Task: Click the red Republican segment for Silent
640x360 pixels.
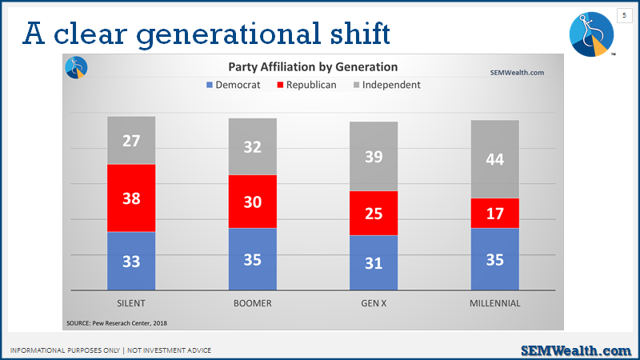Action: [131, 198]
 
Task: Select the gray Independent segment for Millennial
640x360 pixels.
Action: [494, 159]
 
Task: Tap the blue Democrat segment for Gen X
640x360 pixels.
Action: [374, 263]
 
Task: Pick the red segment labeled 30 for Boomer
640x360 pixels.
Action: [252, 202]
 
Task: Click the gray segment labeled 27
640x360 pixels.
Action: [131, 141]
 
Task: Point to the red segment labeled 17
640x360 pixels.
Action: [494, 213]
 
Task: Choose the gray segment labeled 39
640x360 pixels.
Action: [374, 156]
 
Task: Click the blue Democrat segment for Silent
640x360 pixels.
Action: [131, 262]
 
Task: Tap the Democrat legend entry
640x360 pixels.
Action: [233, 85]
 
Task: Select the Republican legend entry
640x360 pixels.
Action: [306, 85]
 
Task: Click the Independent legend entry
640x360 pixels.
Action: [386, 85]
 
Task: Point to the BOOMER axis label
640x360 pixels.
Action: [252, 303]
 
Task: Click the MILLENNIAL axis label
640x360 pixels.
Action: [494, 303]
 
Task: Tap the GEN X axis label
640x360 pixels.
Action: [374, 303]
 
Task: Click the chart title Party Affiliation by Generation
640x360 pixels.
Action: [313, 66]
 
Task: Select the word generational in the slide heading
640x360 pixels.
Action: [229, 34]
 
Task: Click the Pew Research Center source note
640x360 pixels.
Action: [117, 323]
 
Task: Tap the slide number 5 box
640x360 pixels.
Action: [624, 15]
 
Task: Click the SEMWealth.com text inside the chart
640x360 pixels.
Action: [517, 73]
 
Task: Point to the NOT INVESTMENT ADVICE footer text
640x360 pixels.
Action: [169, 350]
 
